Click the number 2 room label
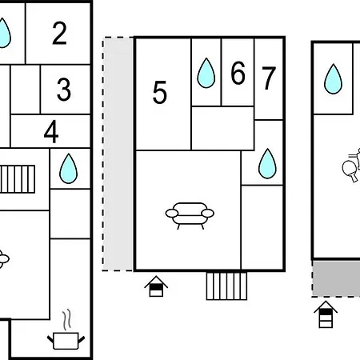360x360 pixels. [x=59, y=33]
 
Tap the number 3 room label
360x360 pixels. [x=64, y=90]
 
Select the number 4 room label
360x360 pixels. [x=51, y=131]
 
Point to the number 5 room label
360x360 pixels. [x=160, y=92]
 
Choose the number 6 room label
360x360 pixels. [x=238, y=73]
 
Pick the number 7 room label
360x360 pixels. [x=269, y=78]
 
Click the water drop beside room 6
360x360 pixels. [x=206, y=73]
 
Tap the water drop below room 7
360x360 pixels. [x=267, y=163]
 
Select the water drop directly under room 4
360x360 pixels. [x=69, y=168]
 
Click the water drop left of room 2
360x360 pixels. [x=3, y=33]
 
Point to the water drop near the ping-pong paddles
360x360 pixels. [x=333, y=79]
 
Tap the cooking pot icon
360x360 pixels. [x=66, y=341]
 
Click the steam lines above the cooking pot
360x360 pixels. [x=67, y=319]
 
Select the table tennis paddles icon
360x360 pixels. [x=351, y=166]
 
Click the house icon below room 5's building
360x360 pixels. [x=156, y=286]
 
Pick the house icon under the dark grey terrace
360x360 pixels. [x=326, y=314]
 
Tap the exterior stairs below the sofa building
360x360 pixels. [x=226, y=286]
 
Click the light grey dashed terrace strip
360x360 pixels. [x=118, y=154]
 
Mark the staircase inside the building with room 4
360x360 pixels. [x=18, y=179]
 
